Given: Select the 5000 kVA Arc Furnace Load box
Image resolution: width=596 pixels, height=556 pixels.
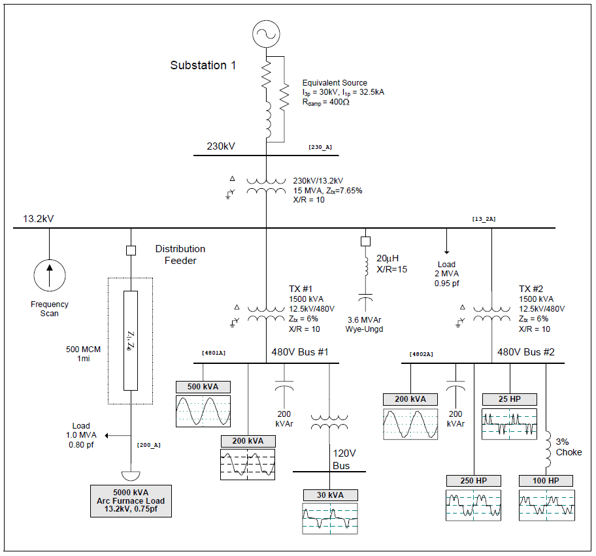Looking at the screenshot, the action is [131, 501].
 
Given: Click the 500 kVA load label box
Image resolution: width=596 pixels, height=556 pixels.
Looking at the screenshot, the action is [203, 387].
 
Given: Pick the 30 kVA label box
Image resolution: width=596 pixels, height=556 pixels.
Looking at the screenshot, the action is [330, 495].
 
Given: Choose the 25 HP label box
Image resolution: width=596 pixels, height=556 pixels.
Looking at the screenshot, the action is [509, 399].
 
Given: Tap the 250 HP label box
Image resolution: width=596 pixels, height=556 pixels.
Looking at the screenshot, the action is [474, 481].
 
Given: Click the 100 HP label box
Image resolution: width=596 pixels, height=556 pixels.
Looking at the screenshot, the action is [546, 481].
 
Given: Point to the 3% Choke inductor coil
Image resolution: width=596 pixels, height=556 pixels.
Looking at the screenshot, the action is [548, 450].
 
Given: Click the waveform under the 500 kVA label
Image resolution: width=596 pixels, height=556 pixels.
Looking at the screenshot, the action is [203, 411].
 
